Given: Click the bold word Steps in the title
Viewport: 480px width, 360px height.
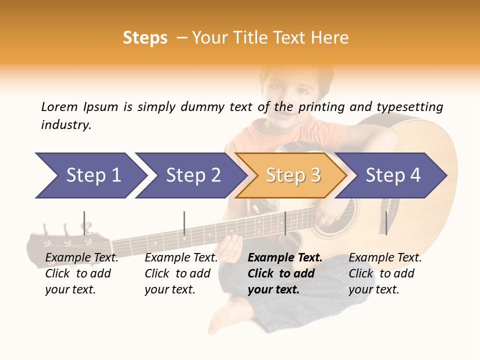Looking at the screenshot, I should (145, 38).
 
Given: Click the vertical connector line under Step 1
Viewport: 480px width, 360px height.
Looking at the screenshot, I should (84, 223).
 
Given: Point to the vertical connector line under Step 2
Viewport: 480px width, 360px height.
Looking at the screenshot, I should (184, 223).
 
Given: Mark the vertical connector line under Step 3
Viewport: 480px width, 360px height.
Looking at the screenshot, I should (285, 223).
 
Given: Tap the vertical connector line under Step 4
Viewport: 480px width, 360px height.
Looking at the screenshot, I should (386, 223).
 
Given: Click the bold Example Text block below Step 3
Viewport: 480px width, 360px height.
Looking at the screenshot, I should (285, 273).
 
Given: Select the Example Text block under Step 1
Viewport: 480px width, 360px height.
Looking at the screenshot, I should (81, 273).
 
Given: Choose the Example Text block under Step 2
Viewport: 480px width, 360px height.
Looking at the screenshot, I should (181, 273).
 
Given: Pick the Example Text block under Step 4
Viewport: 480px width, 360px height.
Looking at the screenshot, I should (385, 273).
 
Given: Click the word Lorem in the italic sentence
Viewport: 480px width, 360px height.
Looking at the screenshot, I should (59, 107).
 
